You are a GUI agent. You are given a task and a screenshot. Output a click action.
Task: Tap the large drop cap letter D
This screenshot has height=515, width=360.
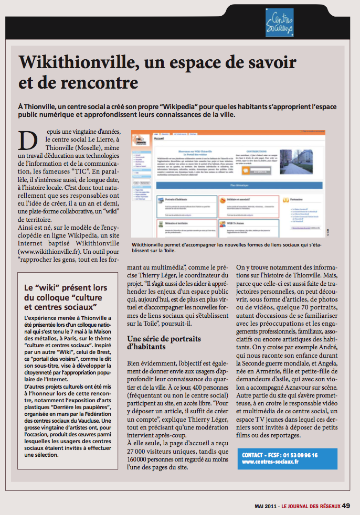coord(30,141)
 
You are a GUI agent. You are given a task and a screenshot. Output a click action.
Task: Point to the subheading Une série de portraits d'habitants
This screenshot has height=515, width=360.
coord(164,342)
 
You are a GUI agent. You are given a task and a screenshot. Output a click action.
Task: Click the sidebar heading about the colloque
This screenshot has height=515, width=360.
coord(66,297)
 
